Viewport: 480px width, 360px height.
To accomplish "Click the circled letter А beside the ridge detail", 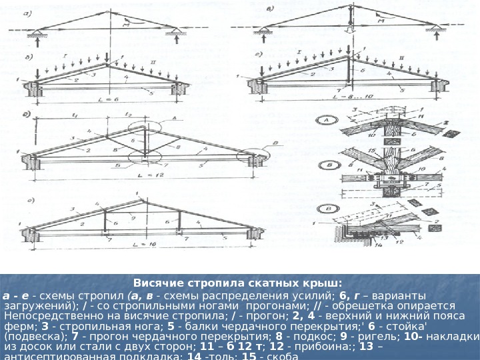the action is coord(328,120).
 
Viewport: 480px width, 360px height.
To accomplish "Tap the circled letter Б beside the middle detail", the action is coord(327,163).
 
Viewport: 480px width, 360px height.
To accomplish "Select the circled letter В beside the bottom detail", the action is coord(327,207).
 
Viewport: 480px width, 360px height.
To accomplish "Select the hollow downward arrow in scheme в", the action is coord(348,35).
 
